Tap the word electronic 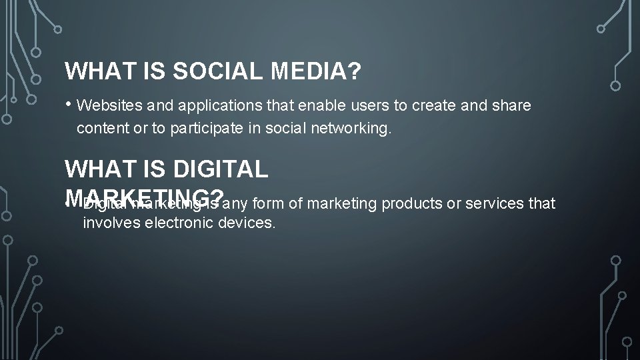pos(175,223)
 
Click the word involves pos(107,223)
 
